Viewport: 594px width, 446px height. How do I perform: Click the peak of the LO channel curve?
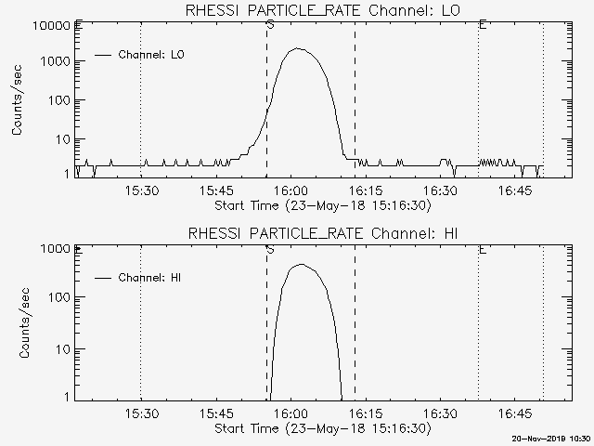pos(297,48)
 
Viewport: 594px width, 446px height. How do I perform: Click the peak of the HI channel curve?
pos(300,265)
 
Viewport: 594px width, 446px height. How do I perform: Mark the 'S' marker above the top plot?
pos(269,24)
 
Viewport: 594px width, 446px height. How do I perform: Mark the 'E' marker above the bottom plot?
pos(482,249)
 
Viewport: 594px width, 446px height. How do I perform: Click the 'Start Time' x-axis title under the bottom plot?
pos(321,428)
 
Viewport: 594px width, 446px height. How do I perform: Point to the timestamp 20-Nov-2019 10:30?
pos(551,439)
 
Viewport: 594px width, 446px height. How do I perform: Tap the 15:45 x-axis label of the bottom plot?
pos(215,414)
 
